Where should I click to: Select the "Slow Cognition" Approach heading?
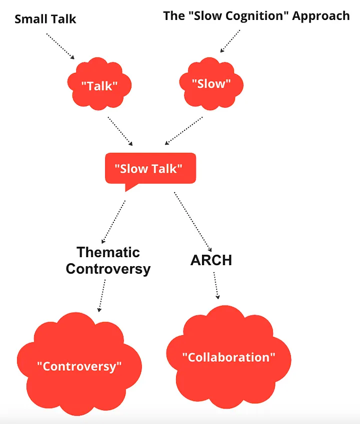(x=256, y=15)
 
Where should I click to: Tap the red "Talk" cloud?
(x=99, y=85)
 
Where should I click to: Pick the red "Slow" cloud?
(x=211, y=83)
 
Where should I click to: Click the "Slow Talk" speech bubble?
(x=149, y=169)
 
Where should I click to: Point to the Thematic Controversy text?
(x=108, y=260)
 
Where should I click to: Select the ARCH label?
(x=211, y=260)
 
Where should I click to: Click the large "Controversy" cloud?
(x=79, y=366)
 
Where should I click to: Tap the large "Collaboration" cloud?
(x=228, y=357)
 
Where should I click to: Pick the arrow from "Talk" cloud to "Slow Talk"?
(x=120, y=131)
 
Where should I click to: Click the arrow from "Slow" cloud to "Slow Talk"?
(x=183, y=130)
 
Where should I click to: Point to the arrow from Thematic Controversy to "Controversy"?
(x=101, y=295)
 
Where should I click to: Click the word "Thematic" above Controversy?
(x=108, y=252)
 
